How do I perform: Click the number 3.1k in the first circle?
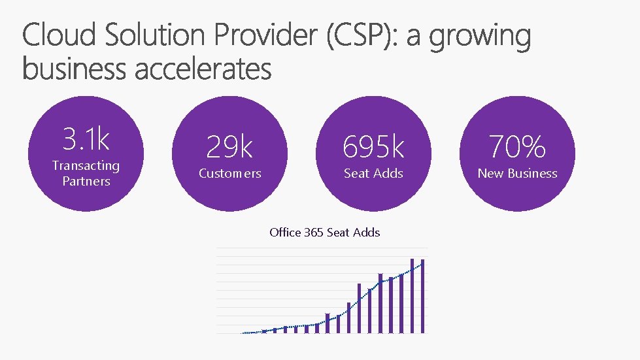86,139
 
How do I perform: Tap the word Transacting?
86,166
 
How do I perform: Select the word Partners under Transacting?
86,181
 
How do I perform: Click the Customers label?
229,173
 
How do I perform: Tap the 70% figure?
517,147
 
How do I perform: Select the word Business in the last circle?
531,173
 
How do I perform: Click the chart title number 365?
314,232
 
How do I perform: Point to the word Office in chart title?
285,232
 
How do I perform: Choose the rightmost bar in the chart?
423,297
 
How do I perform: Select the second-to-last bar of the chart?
413,296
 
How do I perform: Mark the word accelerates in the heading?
203,68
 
